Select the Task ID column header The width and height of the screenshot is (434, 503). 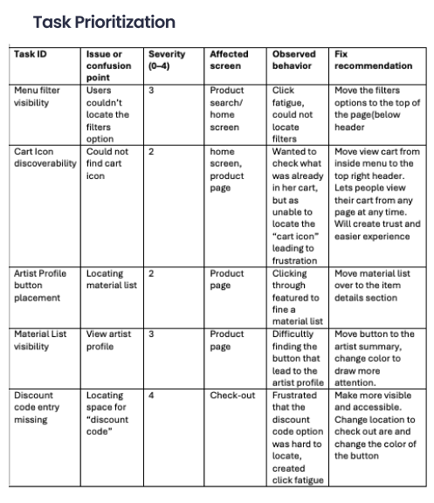(x=31, y=54)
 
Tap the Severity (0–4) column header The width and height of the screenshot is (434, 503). (x=166, y=59)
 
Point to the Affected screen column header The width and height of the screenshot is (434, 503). (x=229, y=59)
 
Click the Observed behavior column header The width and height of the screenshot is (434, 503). (x=293, y=59)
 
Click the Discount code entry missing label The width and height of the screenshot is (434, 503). (x=35, y=407)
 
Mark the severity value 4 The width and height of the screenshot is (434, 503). (x=152, y=396)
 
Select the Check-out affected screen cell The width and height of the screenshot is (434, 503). (x=232, y=396)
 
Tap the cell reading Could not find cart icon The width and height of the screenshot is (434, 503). (x=107, y=157)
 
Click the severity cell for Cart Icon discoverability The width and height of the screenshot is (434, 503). (x=152, y=151)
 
